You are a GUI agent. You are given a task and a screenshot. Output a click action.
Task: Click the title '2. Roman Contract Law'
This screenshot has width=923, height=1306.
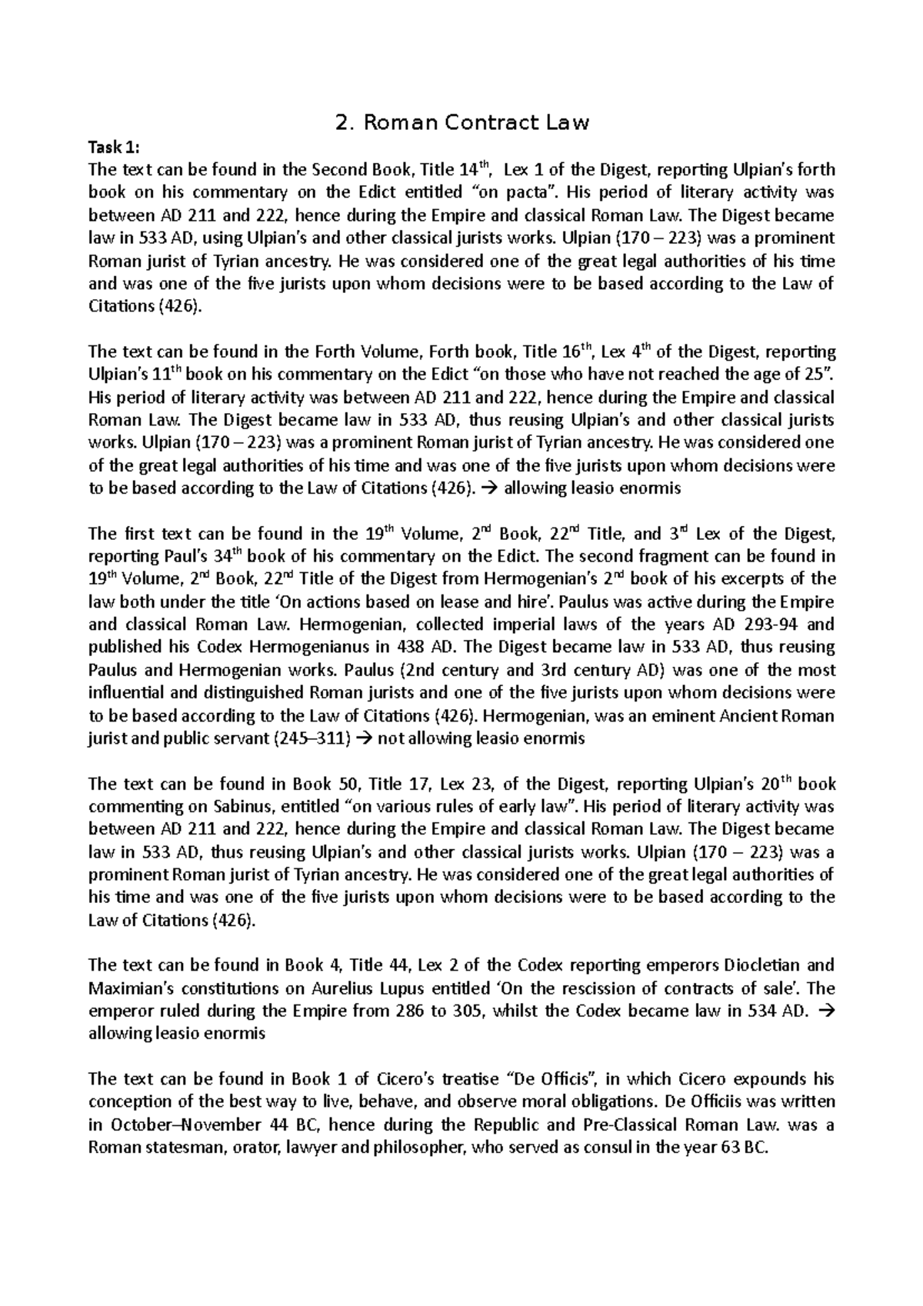tap(461, 122)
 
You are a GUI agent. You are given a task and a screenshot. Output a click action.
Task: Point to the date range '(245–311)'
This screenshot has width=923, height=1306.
tap(317, 739)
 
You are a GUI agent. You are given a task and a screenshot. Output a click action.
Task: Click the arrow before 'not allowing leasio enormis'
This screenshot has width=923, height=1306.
tap(365, 739)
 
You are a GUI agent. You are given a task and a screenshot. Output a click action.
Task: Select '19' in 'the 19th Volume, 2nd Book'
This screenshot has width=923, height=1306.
tap(372, 534)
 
